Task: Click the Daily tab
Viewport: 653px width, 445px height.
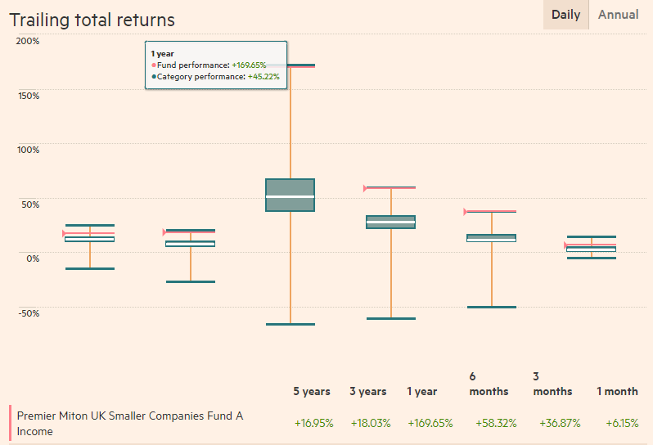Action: point(565,15)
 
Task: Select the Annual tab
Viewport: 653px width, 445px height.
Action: point(619,15)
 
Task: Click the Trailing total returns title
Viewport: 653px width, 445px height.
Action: point(92,20)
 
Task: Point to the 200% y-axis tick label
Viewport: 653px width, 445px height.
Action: point(28,41)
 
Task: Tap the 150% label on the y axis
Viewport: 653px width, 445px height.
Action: point(28,95)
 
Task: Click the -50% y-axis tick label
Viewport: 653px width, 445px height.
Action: point(28,312)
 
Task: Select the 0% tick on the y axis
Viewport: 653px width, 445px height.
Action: point(31,258)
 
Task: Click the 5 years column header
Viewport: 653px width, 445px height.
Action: point(312,392)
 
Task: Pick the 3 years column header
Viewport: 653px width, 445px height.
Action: point(367,392)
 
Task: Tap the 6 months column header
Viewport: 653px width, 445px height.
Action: point(489,384)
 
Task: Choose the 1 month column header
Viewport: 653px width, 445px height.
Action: point(617,392)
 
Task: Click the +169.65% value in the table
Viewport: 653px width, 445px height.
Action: point(430,423)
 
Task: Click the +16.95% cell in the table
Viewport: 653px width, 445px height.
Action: point(313,423)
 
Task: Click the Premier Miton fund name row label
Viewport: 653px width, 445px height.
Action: point(130,423)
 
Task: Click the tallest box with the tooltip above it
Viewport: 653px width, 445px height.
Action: point(290,195)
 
